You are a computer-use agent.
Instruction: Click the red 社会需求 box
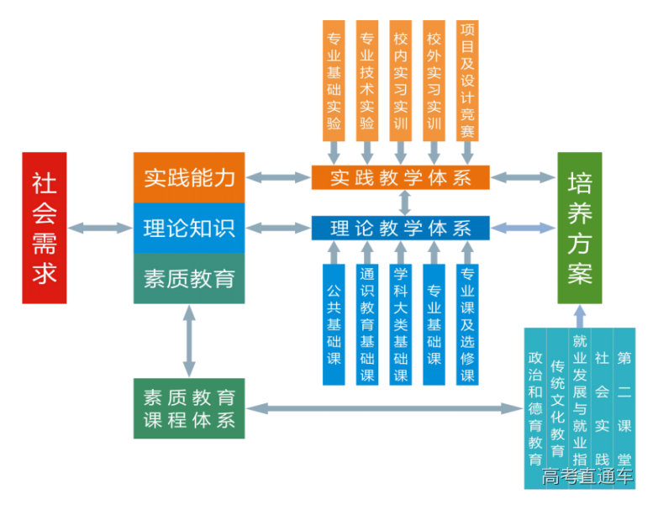pos(45,227)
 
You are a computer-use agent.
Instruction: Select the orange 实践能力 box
pos(189,177)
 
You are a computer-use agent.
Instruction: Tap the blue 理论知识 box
pos(189,228)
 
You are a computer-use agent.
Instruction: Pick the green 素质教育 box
pos(189,278)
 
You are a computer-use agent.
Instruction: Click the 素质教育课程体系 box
pos(189,408)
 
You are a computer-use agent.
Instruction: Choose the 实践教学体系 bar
pos(400,177)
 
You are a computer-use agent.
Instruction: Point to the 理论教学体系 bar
pos(400,228)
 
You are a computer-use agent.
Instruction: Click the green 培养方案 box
pos(580,227)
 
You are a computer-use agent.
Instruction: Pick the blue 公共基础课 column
pos(334,324)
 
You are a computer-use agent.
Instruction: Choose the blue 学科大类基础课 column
pos(401,324)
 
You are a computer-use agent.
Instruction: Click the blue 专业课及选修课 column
pos(467,324)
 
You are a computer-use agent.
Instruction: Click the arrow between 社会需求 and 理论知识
pos(100,227)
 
